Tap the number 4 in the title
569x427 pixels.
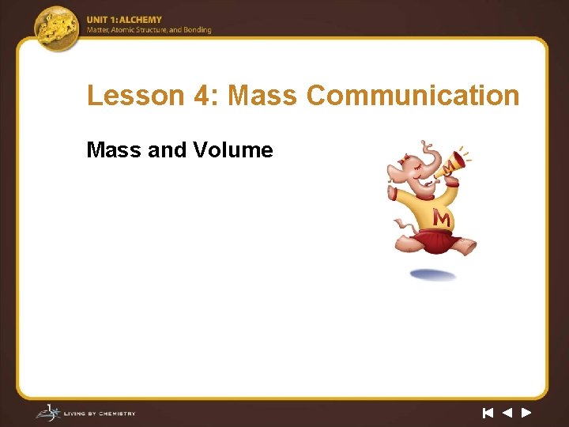click(201, 96)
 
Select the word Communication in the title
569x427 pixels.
click(413, 96)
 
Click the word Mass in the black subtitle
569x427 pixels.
click(114, 149)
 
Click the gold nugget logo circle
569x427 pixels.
click(58, 28)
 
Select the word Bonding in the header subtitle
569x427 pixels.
click(198, 30)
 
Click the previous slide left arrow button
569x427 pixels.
click(507, 412)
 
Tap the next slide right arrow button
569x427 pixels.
click(526, 412)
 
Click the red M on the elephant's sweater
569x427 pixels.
click(442, 217)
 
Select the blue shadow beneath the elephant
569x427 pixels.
click(433, 275)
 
